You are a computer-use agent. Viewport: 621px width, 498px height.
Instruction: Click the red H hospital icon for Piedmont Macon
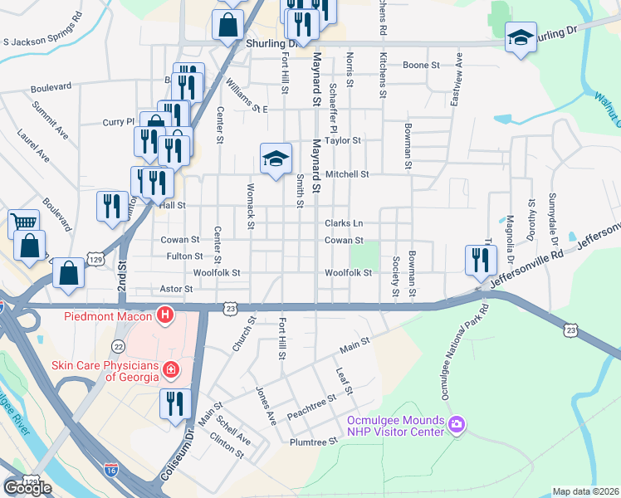click(x=165, y=316)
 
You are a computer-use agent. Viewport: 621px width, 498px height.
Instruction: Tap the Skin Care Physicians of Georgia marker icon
click(x=171, y=369)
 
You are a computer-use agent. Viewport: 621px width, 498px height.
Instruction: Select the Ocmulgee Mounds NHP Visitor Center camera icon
click(x=456, y=426)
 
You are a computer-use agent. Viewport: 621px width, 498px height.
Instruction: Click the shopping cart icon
click(x=23, y=222)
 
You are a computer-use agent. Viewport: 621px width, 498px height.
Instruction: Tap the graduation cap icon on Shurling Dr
click(x=521, y=37)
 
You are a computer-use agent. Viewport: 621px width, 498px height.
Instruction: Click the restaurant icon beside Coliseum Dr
click(x=175, y=403)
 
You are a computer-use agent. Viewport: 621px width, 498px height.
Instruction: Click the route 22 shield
click(x=120, y=346)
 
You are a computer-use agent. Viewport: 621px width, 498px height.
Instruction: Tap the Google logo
click(x=27, y=487)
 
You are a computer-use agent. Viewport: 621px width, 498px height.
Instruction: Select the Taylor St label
click(x=343, y=140)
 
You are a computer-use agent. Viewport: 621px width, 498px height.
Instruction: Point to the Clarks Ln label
click(x=344, y=223)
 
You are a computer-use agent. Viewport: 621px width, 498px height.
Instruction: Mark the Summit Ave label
click(x=50, y=120)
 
